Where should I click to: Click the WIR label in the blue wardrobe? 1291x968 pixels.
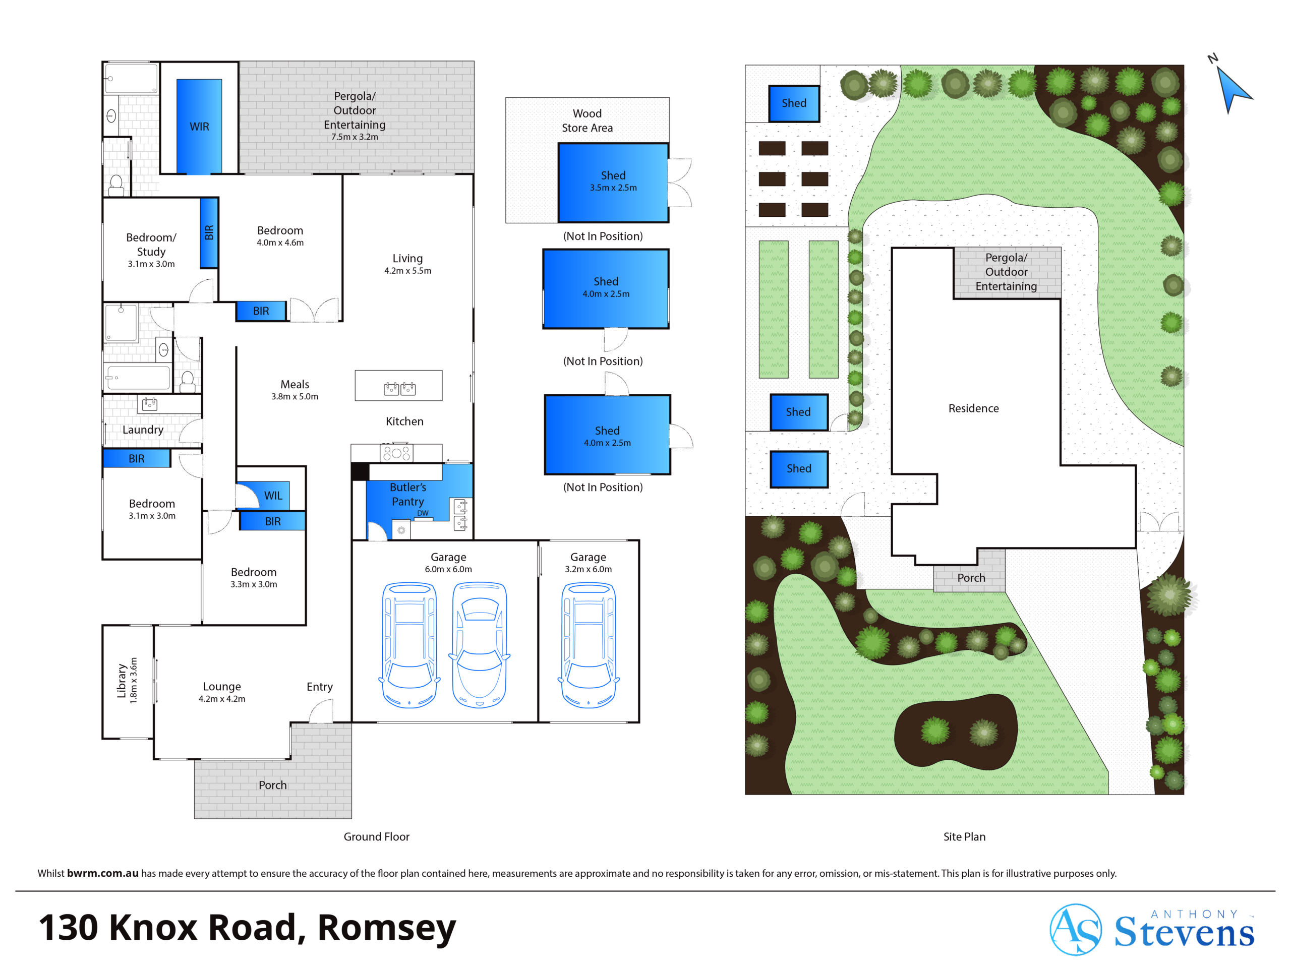199,127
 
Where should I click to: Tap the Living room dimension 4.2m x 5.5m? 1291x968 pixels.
407,271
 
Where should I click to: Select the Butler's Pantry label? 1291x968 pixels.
408,494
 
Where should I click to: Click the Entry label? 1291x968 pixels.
320,687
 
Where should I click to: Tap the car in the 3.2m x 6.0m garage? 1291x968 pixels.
589,645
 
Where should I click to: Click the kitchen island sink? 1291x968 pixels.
399,388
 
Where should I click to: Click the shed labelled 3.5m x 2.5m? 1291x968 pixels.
613,183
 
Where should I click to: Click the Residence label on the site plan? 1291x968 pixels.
973,408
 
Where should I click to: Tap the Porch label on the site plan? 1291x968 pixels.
971,578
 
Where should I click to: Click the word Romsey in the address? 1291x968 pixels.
386,928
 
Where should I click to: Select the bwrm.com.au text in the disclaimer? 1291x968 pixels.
103,874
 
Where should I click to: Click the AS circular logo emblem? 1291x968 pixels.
1076,930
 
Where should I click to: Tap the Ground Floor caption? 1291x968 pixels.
376,837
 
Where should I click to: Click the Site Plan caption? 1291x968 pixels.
964,837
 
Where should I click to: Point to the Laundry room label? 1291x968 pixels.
143,430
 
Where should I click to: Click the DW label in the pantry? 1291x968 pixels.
423,513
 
